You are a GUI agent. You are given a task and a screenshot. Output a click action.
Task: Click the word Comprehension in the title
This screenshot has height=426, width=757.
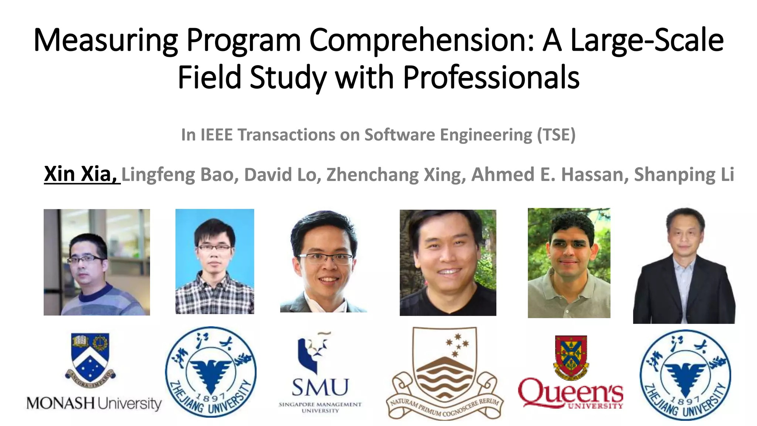[x=421, y=41]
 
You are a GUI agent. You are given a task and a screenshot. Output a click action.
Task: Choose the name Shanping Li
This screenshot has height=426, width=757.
[x=684, y=175]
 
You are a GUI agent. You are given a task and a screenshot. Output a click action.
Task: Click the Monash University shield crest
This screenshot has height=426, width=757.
[x=91, y=357]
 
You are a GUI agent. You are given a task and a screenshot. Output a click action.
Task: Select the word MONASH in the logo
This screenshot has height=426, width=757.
[x=60, y=403]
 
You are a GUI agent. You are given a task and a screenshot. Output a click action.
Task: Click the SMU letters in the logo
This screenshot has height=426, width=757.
[x=320, y=388]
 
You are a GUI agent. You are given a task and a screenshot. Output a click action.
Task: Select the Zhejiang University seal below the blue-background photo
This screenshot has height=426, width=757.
[x=211, y=372]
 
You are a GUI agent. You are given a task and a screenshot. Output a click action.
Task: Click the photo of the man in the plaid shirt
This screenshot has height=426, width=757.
[x=215, y=261]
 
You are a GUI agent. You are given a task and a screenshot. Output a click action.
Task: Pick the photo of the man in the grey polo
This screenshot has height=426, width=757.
[x=569, y=263]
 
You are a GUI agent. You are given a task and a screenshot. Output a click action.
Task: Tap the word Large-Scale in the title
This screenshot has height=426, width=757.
[x=647, y=41]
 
